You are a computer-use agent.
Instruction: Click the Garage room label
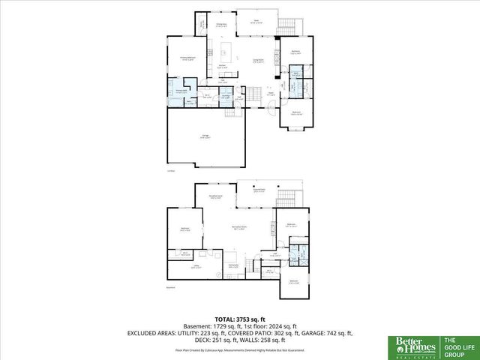(x=204, y=136)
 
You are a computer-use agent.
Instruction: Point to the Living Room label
(x=257, y=60)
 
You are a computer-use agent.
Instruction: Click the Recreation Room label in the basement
(x=241, y=228)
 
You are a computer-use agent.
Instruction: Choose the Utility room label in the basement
(x=196, y=268)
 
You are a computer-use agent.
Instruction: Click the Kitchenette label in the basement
(x=233, y=265)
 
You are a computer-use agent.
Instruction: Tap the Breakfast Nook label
(x=215, y=198)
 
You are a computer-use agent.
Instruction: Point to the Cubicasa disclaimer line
(x=240, y=349)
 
